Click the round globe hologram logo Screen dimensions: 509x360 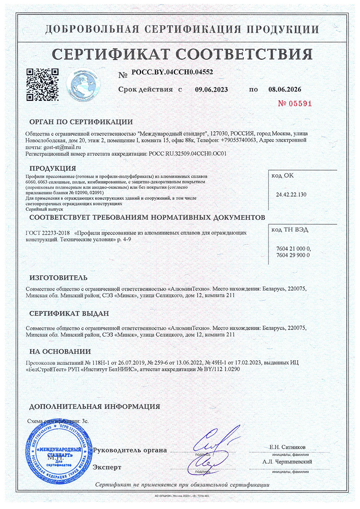pos(85,85)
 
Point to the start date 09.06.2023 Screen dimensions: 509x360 pos(211,89)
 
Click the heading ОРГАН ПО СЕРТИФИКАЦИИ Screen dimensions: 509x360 pos(81,122)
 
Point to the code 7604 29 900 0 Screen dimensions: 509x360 pos(293,255)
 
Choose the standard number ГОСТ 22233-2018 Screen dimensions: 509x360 pos(47,233)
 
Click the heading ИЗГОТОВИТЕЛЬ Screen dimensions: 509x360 pos(58,278)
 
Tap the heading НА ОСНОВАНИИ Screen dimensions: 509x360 pos(60,351)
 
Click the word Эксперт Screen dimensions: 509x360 pos(107,467)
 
